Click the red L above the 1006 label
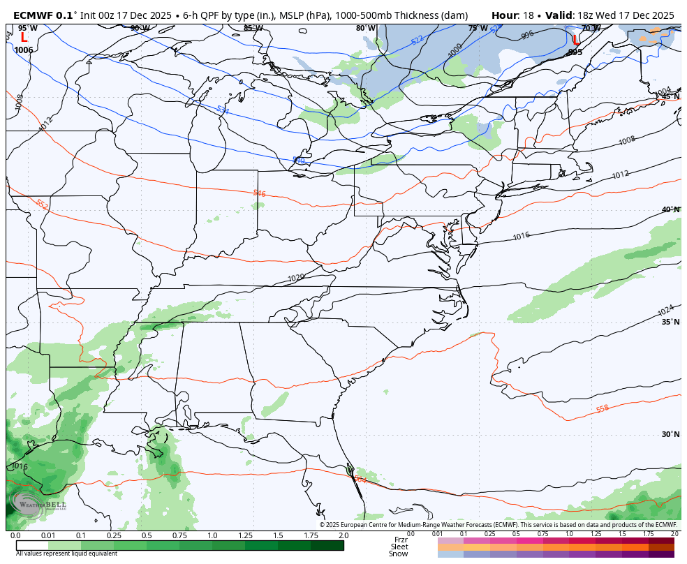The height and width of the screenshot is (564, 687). coord(24,38)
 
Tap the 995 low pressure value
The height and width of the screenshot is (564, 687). coord(575,52)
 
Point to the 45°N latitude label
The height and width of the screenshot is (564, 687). coord(671,97)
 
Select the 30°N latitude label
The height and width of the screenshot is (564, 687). coord(671,434)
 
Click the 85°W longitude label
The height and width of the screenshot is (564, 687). coord(253,29)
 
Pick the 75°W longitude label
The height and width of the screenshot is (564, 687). coord(478,29)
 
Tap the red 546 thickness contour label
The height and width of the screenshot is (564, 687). coord(259,193)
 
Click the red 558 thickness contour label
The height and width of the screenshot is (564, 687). coord(603,409)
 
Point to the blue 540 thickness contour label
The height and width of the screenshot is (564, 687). coord(298,161)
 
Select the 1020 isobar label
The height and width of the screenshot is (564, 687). coord(296,278)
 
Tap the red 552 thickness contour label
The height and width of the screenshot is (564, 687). coord(42,205)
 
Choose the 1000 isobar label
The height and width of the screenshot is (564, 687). coord(455,51)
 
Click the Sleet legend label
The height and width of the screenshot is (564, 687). coord(399,547)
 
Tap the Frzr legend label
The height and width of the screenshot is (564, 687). coord(401,540)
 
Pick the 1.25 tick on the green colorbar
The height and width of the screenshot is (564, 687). coord(245,535)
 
